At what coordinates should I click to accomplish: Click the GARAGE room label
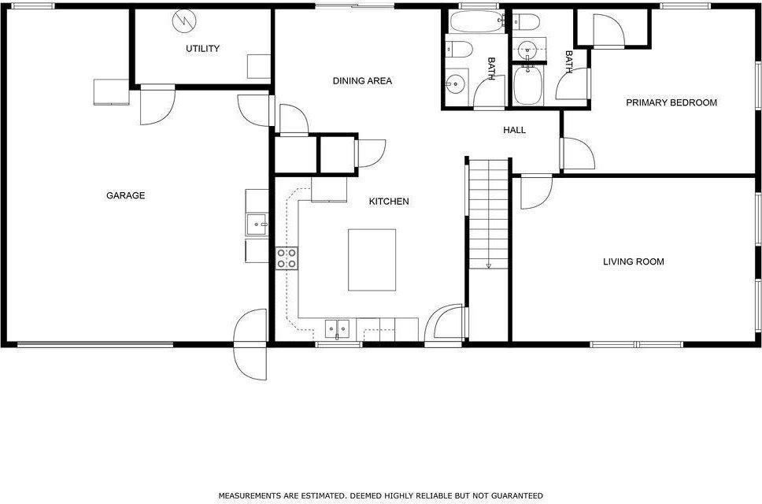click(125, 196)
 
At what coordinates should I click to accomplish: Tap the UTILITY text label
click(202, 49)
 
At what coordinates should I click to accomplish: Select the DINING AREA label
click(362, 81)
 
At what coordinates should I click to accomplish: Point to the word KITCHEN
click(389, 202)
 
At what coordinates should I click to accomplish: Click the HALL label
click(514, 130)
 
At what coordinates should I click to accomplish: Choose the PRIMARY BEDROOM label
click(671, 102)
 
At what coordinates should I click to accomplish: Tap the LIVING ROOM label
click(633, 261)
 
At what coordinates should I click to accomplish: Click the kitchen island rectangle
click(372, 259)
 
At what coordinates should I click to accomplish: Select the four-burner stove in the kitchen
click(287, 258)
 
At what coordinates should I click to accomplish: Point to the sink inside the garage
click(257, 225)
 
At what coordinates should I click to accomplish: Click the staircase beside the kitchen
click(488, 213)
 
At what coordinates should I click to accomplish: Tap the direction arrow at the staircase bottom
click(488, 265)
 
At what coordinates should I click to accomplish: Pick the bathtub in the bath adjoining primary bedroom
click(527, 87)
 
